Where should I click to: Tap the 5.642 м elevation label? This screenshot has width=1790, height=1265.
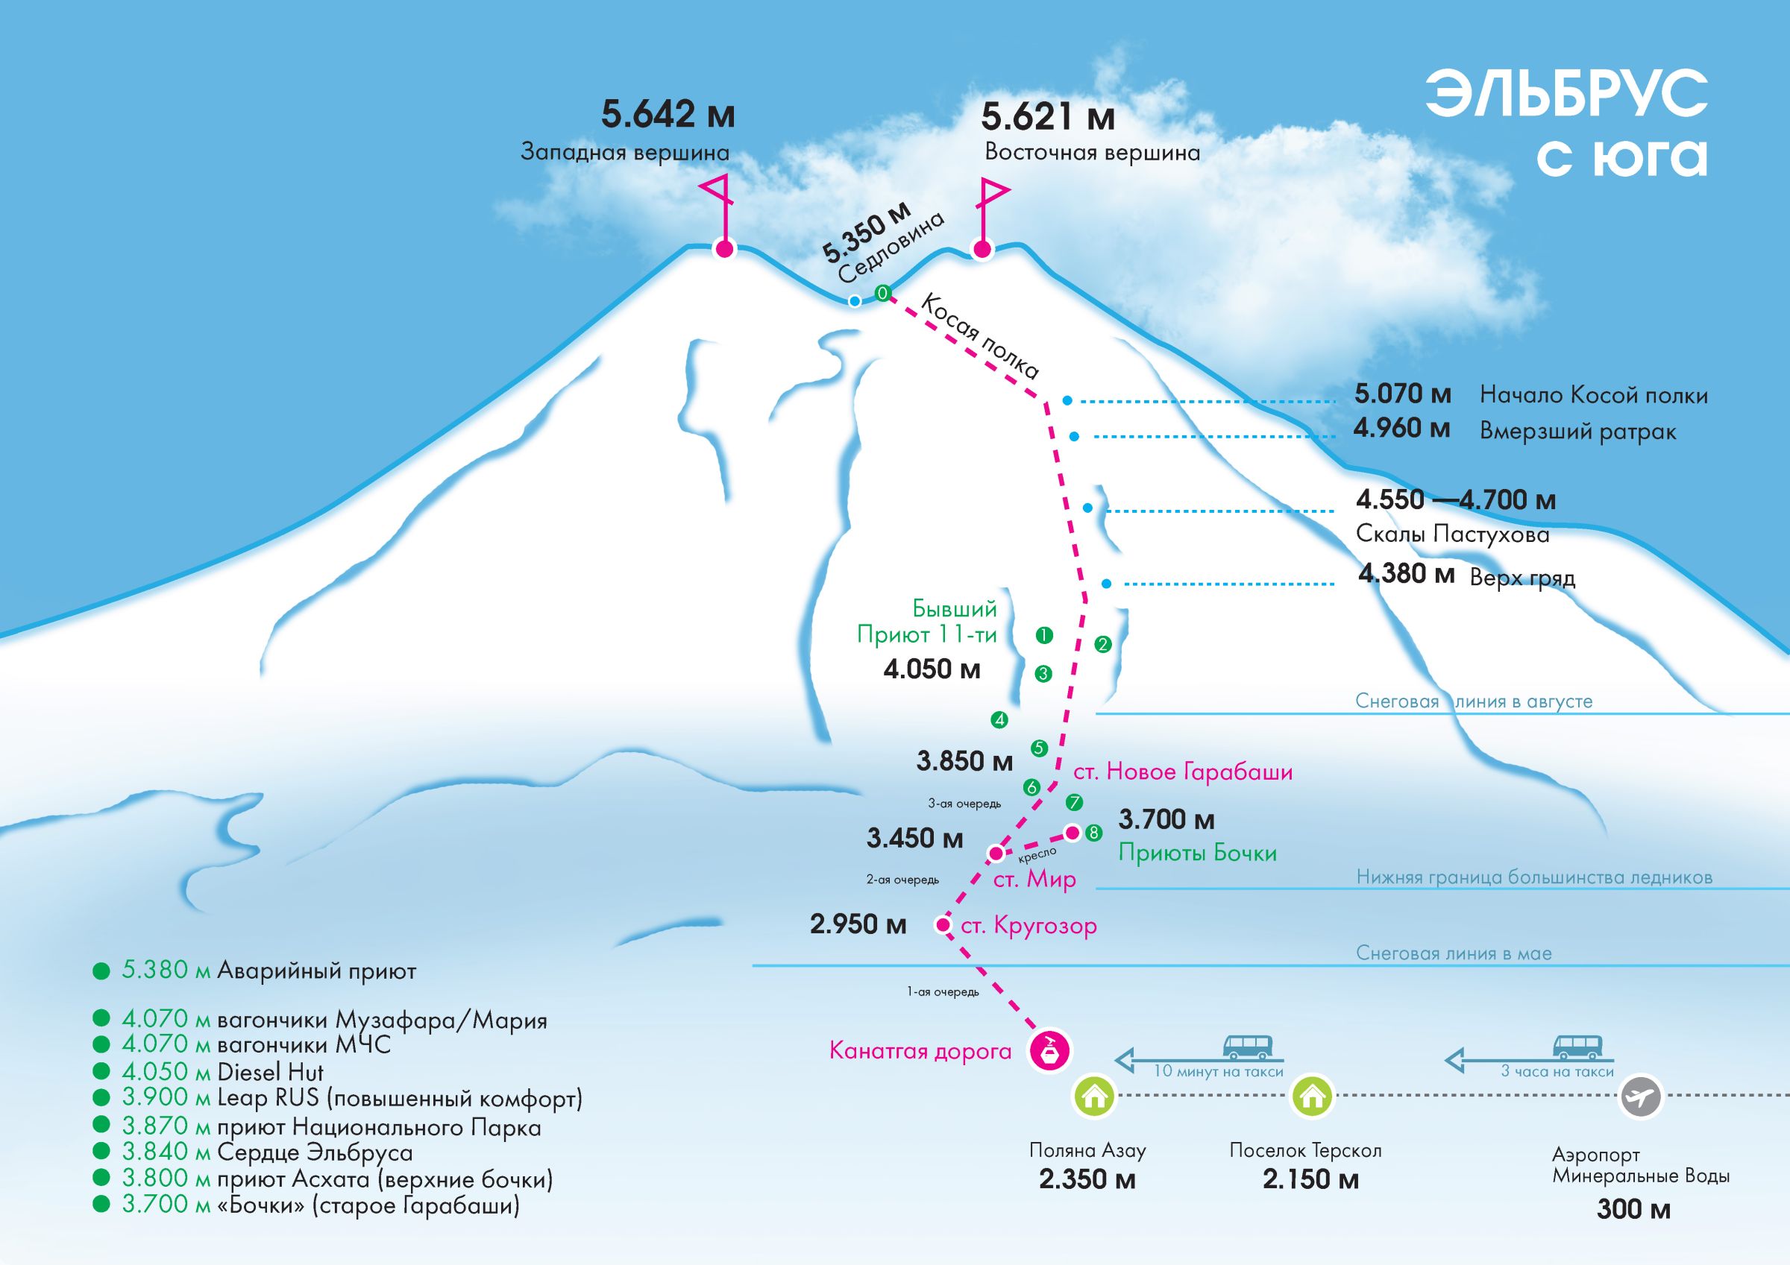tap(668, 116)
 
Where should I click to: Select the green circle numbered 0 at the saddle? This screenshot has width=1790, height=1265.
tap(882, 293)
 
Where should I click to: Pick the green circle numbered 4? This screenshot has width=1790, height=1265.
tap(999, 720)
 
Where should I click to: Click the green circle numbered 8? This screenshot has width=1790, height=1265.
tap(1094, 833)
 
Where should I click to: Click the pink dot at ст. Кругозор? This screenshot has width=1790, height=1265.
tap(943, 925)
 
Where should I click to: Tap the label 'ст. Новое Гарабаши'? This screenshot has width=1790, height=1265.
tap(1183, 772)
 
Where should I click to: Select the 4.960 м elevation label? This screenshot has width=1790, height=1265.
tap(1401, 429)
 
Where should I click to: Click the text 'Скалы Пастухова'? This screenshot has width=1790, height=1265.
tap(1452, 534)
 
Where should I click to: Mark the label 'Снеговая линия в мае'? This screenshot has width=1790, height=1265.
tap(1453, 953)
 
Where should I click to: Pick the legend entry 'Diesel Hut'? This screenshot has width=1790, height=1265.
tap(271, 1072)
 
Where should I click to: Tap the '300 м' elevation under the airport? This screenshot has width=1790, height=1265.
tap(1633, 1209)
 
